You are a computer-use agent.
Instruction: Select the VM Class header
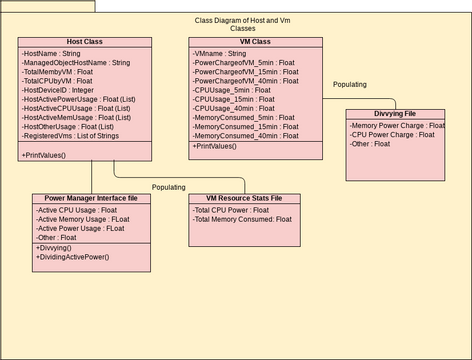tap(255, 42)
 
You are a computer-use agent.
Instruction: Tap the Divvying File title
tap(396, 115)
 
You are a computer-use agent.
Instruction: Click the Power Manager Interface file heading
tap(91, 199)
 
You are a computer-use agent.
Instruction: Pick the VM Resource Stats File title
tap(243, 199)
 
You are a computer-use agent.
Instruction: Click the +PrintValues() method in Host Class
tap(44, 155)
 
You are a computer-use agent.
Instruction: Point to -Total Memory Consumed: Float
tap(242, 219)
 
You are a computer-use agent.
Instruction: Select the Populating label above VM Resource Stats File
tap(168, 187)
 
